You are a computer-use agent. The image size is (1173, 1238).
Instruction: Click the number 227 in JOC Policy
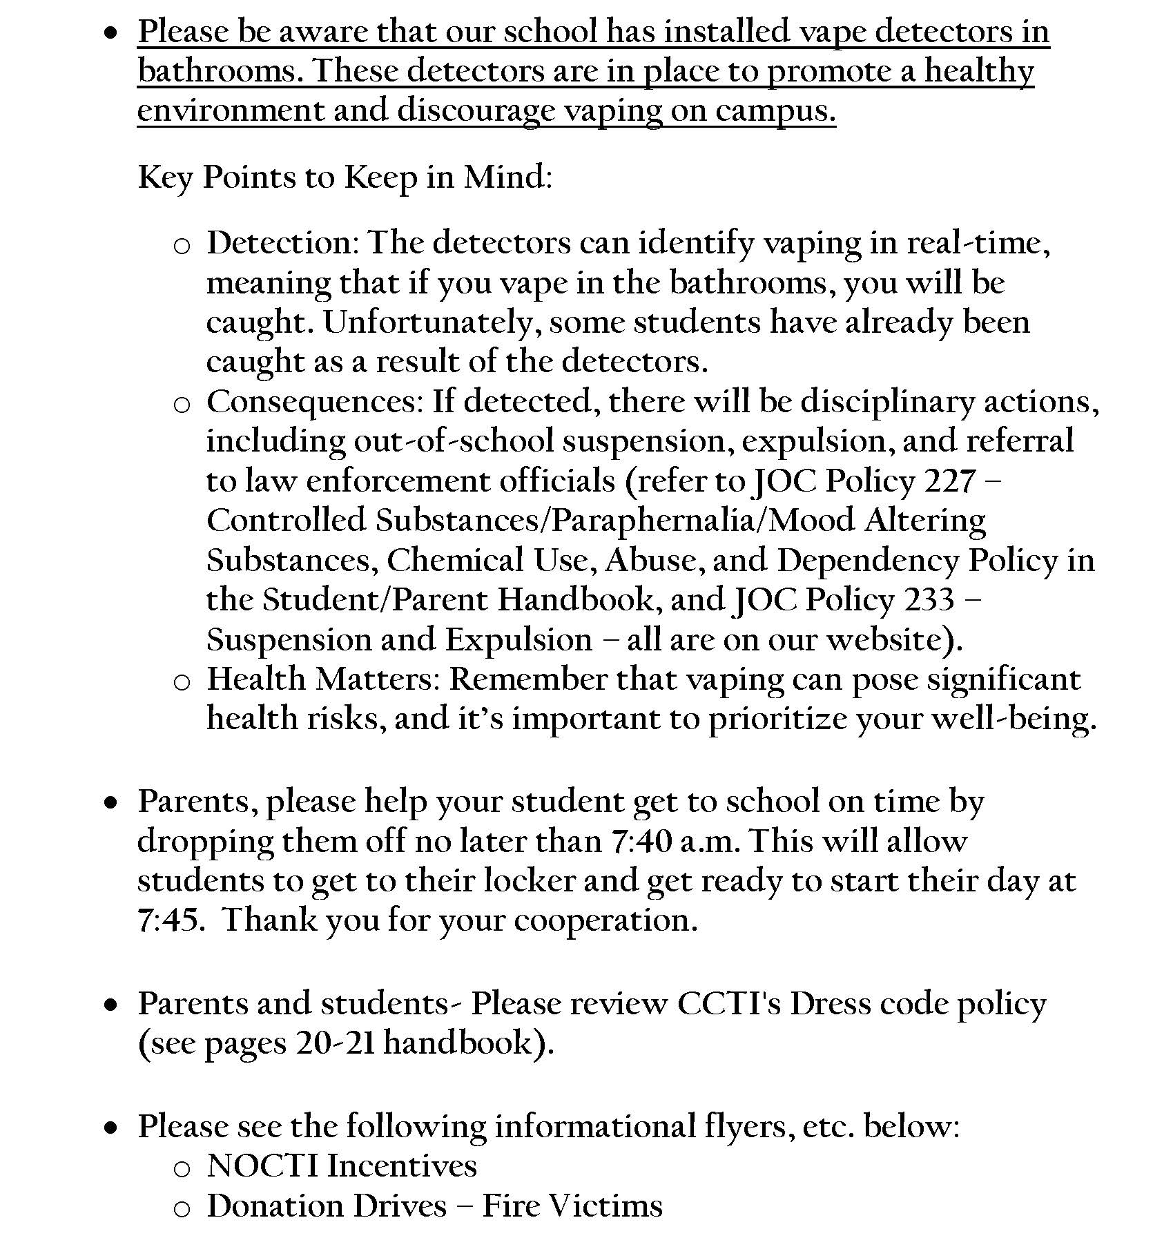click(949, 481)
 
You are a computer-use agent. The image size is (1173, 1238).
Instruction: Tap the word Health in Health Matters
click(256, 679)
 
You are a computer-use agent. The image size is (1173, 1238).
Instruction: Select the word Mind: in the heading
click(508, 177)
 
